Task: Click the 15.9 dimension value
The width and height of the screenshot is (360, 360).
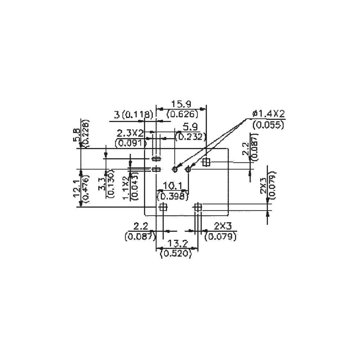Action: click(x=181, y=104)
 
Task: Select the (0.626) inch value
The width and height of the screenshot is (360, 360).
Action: click(x=183, y=114)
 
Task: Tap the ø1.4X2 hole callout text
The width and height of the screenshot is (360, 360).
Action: click(x=269, y=114)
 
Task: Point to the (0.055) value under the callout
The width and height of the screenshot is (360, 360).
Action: click(x=269, y=125)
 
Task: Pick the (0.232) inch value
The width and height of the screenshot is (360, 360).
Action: click(x=190, y=137)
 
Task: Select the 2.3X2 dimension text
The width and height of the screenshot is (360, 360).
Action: click(x=130, y=133)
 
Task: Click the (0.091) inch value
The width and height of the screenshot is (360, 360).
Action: click(x=131, y=143)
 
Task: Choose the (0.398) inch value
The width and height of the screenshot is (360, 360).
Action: click(x=173, y=196)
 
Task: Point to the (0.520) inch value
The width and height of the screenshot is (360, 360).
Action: click(x=175, y=254)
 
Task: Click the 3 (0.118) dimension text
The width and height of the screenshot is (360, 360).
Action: click(x=134, y=115)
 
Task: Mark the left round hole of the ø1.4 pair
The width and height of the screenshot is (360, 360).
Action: click(x=175, y=169)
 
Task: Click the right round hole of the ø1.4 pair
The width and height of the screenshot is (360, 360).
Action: click(x=188, y=169)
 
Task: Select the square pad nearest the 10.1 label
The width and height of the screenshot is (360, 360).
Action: click(x=163, y=207)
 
